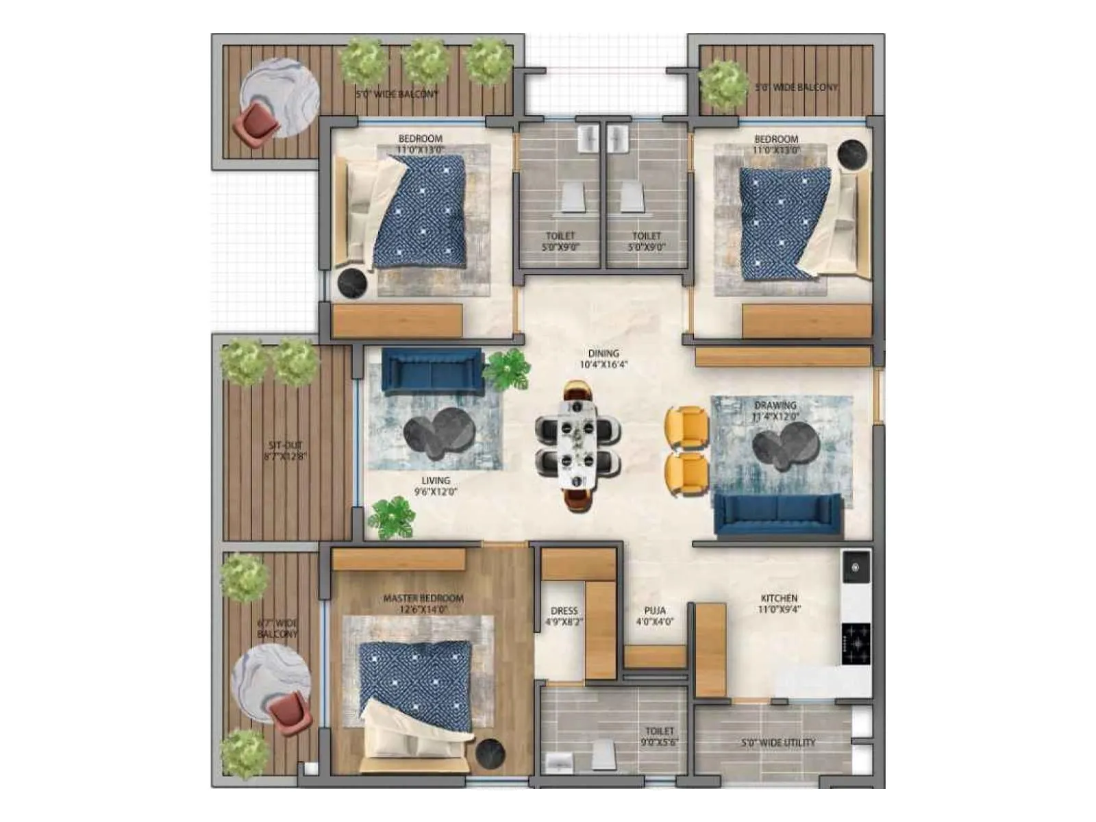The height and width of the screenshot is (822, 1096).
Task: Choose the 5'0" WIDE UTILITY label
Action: point(778,743)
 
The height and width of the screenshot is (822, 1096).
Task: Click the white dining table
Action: point(578,446)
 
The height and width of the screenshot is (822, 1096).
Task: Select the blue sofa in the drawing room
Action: point(778,514)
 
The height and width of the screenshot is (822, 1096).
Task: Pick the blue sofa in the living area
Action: point(432,371)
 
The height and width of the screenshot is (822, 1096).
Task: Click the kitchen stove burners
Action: point(856,643)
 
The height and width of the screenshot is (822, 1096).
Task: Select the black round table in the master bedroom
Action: point(490,754)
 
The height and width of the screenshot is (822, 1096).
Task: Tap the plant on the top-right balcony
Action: point(724,85)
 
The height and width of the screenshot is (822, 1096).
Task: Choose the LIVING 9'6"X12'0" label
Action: point(436,486)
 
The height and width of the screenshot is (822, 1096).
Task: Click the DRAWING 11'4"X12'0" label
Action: point(775,410)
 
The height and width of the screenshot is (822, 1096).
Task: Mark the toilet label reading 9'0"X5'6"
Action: point(660,736)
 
